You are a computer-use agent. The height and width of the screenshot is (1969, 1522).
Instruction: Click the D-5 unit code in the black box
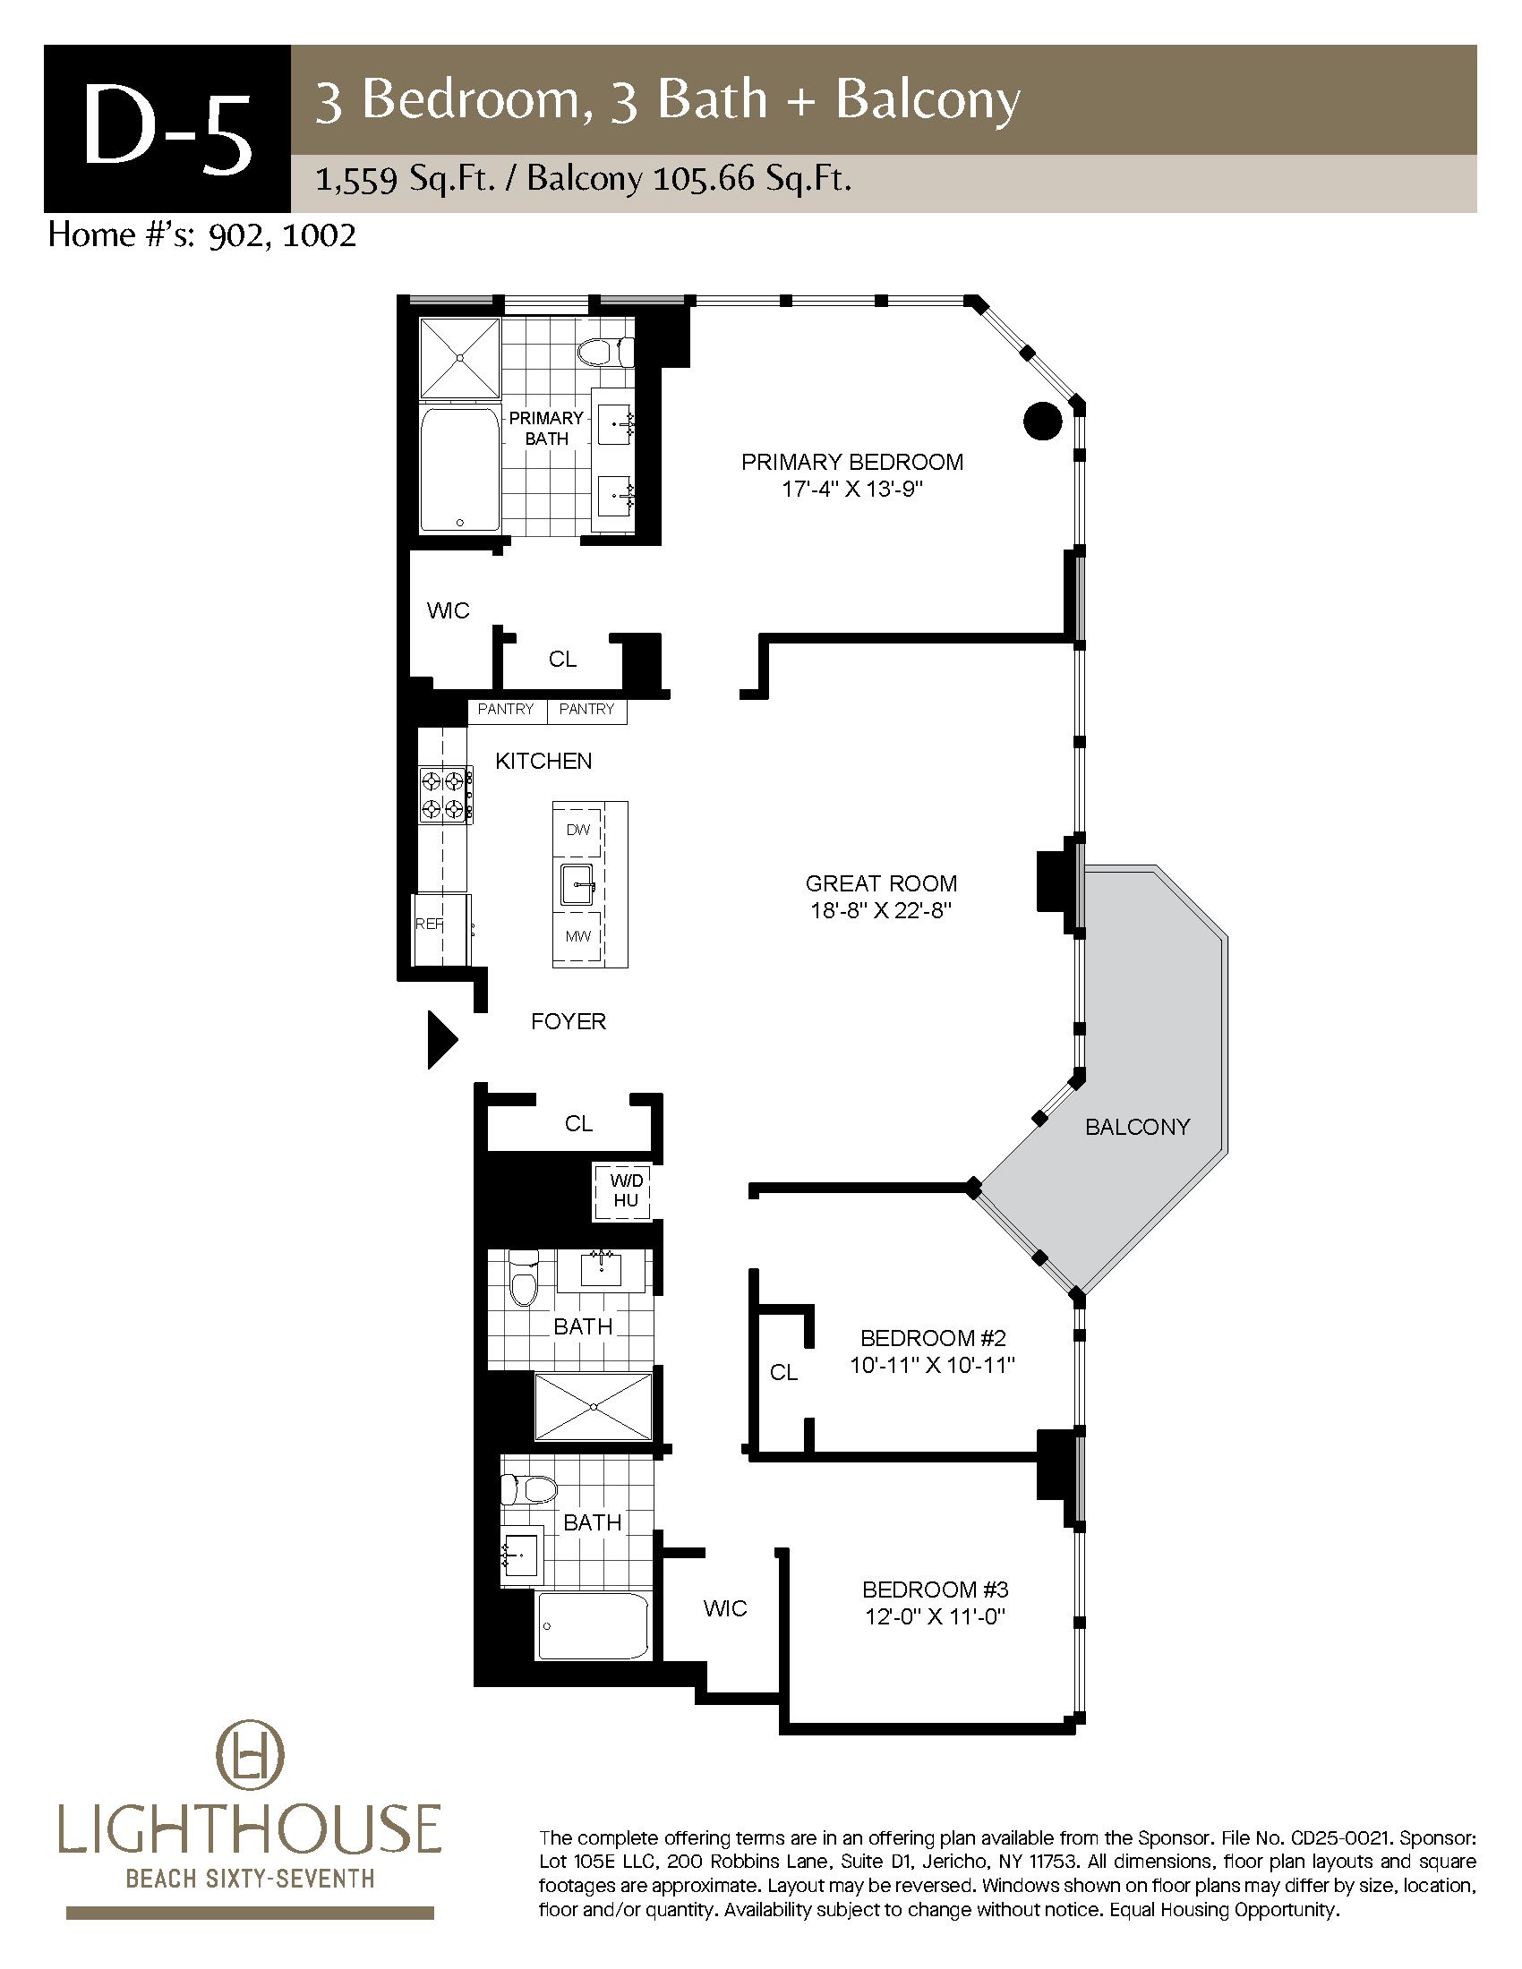point(167,130)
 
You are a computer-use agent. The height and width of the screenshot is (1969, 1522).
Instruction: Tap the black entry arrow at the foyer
point(441,1039)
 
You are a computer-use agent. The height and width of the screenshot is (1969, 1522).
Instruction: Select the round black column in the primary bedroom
point(1043,420)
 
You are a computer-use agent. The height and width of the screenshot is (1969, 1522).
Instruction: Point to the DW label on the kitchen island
point(578,830)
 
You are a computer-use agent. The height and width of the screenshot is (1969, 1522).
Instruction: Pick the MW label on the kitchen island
point(578,936)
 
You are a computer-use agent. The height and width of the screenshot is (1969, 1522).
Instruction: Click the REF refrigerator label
point(429,925)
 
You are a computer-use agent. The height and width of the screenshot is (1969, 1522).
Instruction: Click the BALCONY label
point(1137,1127)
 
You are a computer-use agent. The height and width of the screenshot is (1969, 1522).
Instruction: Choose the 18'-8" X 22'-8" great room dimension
point(881,910)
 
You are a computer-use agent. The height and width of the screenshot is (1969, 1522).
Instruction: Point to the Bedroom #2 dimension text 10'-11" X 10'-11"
point(932,1365)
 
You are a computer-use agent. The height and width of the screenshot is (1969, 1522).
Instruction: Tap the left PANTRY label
point(506,709)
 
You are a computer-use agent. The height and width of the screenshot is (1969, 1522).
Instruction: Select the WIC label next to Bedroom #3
point(725,1608)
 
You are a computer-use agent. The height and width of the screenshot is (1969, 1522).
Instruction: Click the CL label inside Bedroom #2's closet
point(783,1372)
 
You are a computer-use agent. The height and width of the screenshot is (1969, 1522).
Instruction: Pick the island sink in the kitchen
point(578,883)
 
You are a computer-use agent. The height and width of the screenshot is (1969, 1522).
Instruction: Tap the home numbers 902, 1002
point(281,235)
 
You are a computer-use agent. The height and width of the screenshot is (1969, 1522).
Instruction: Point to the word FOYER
point(568,1021)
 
